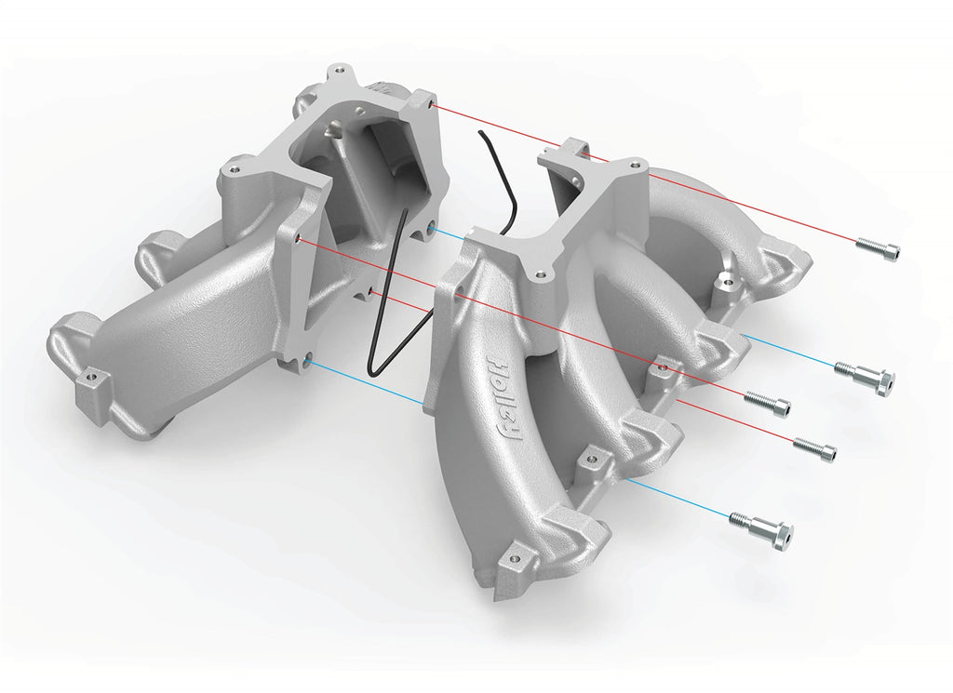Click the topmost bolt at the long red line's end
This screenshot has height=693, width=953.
pyautogui.click(x=877, y=249)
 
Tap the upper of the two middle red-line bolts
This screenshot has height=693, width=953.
pyautogui.click(x=767, y=402)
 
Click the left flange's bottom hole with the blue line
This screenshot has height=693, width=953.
pyautogui.click(x=305, y=362)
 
